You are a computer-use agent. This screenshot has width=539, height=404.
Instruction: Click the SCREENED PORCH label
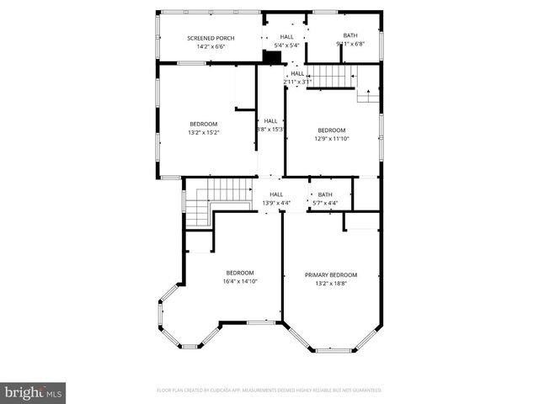pyautogui.click(x=211, y=38)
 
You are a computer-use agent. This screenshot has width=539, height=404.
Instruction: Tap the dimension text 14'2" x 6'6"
pyautogui.click(x=211, y=46)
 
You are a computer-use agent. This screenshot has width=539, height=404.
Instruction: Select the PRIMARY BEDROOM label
pyautogui.click(x=330, y=275)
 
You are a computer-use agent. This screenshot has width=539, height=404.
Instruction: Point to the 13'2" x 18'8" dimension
pyautogui.click(x=330, y=284)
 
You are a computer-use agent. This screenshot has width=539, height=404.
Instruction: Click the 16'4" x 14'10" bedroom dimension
pyautogui.click(x=240, y=280)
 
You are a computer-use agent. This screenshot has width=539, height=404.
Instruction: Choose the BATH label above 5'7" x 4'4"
pyautogui.click(x=325, y=194)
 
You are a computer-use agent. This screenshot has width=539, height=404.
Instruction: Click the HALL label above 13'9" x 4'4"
pyautogui.click(x=275, y=194)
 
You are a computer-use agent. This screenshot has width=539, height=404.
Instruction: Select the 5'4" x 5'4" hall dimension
pyautogui.click(x=287, y=45)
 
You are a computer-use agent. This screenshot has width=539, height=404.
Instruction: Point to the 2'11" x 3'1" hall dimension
pyautogui.click(x=297, y=82)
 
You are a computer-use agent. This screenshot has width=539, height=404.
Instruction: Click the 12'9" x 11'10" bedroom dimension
pyautogui.click(x=330, y=138)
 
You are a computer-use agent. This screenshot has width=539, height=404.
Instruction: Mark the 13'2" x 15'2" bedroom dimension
pyautogui.click(x=203, y=132)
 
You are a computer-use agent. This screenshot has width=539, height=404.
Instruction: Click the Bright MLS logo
pyautogui.click(x=34, y=392)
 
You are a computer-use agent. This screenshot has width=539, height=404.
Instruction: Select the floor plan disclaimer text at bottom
pyautogui.click(x=269, y=391)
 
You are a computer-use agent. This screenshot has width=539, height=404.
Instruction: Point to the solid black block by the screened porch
pyautogui.click(x=272, y=57)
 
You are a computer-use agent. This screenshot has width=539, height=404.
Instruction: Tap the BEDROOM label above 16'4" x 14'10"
pyautogui.click(x=240, y=272)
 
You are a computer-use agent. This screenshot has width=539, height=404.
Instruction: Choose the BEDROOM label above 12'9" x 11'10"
pyautogui.click(x=330, y=130)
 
